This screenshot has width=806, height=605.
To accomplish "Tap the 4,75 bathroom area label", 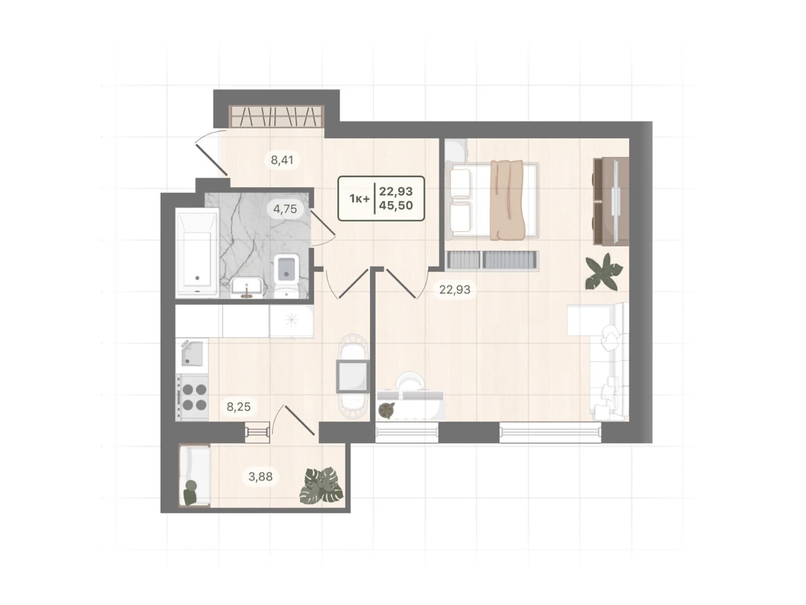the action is [285, 209].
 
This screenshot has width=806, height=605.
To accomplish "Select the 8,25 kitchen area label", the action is [239, 406].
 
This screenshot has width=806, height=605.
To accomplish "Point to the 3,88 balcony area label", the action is [260, 476].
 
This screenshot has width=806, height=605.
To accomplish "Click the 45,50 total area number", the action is [396, 205].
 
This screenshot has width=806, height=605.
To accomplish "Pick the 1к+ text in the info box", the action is [359, 199].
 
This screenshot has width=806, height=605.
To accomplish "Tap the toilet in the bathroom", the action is [287, 275].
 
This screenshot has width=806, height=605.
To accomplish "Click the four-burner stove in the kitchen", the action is [191, 398].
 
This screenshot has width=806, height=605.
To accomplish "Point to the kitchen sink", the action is [191, 354].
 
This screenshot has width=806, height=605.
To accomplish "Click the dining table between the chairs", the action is [353, 376].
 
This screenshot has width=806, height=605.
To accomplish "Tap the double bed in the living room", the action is [492, 201].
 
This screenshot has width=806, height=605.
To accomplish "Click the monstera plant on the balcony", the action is [321, 486].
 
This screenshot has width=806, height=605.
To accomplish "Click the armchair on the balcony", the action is [195, 475].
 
